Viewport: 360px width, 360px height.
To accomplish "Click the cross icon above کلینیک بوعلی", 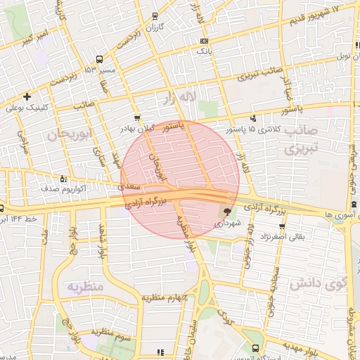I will pos(27,96).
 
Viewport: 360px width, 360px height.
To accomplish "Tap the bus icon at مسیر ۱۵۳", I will pos(99,60).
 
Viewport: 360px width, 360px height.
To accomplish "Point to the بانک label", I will pos(203,51).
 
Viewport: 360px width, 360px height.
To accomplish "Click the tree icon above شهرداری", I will pos(226,210).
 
